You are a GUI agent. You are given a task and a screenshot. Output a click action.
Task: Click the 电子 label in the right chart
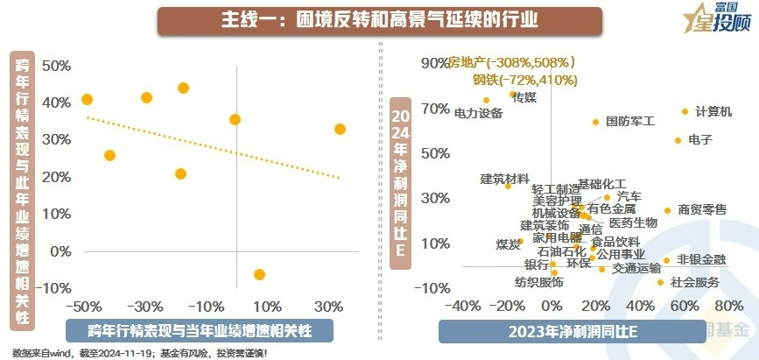(x=701, y=140)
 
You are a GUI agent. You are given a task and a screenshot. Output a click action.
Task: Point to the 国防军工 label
(x=630, y=122)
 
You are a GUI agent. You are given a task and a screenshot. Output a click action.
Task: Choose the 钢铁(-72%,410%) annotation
(x=525, y=80)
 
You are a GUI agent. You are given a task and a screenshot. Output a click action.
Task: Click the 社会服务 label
(x=695, y=282)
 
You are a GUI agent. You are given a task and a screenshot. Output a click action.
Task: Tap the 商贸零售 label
(x=702, y=210)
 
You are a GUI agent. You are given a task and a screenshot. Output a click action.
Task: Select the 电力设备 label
(x=479, y=113)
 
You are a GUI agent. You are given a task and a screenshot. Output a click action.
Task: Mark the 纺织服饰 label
(x=539, y=282)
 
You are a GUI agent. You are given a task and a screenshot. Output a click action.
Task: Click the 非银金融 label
(x=701, y=259)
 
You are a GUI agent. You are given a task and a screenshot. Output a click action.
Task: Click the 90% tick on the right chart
(x=434, y=63)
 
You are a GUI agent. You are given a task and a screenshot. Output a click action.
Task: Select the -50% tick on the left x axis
(x=84, y=307)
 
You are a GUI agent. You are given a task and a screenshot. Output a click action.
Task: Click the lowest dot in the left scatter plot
(x=259, y=275)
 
